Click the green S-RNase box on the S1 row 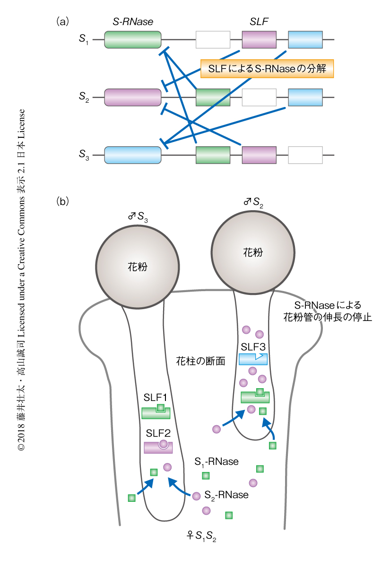[133, 40]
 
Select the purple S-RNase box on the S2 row [133, 97]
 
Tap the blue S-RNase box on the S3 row [133, 155]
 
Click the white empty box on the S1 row [213, 40]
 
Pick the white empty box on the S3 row [305, 155]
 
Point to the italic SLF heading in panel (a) [259, 21]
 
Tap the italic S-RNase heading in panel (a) [133, 21]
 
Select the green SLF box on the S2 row [213, 97]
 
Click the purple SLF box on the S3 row [259, 155]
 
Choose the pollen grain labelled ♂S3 [138, 266]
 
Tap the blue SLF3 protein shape [253, 359]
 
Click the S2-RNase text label [226, 495]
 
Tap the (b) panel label [63, 201]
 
